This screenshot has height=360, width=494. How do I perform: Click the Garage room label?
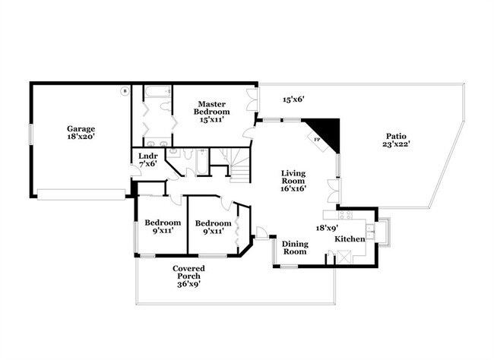81,133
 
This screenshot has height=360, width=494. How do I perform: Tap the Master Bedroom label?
212,112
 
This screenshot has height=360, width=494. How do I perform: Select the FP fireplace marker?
317,139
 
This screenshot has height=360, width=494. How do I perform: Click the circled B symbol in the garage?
125,91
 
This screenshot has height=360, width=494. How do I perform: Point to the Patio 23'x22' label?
396,141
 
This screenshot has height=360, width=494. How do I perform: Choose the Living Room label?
293,181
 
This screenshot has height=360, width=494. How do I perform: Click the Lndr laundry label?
148,159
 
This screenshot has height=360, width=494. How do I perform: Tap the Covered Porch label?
188,276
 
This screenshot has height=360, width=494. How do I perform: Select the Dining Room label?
295,248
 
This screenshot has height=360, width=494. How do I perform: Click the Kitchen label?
350,239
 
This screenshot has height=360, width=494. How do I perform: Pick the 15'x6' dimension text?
293,99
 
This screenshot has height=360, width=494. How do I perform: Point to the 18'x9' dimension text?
327,228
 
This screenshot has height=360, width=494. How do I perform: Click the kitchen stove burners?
345,215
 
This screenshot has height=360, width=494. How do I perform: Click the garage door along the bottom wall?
81,194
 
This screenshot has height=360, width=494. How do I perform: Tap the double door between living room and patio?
334,191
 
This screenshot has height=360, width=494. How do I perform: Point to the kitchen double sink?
370,232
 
